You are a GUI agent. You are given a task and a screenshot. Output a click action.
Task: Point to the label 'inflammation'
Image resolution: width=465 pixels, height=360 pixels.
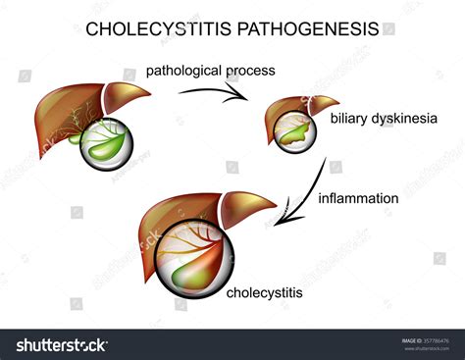coord(358,198)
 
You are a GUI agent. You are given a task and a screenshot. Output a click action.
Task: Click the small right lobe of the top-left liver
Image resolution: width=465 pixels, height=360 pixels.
coord(126,96)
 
